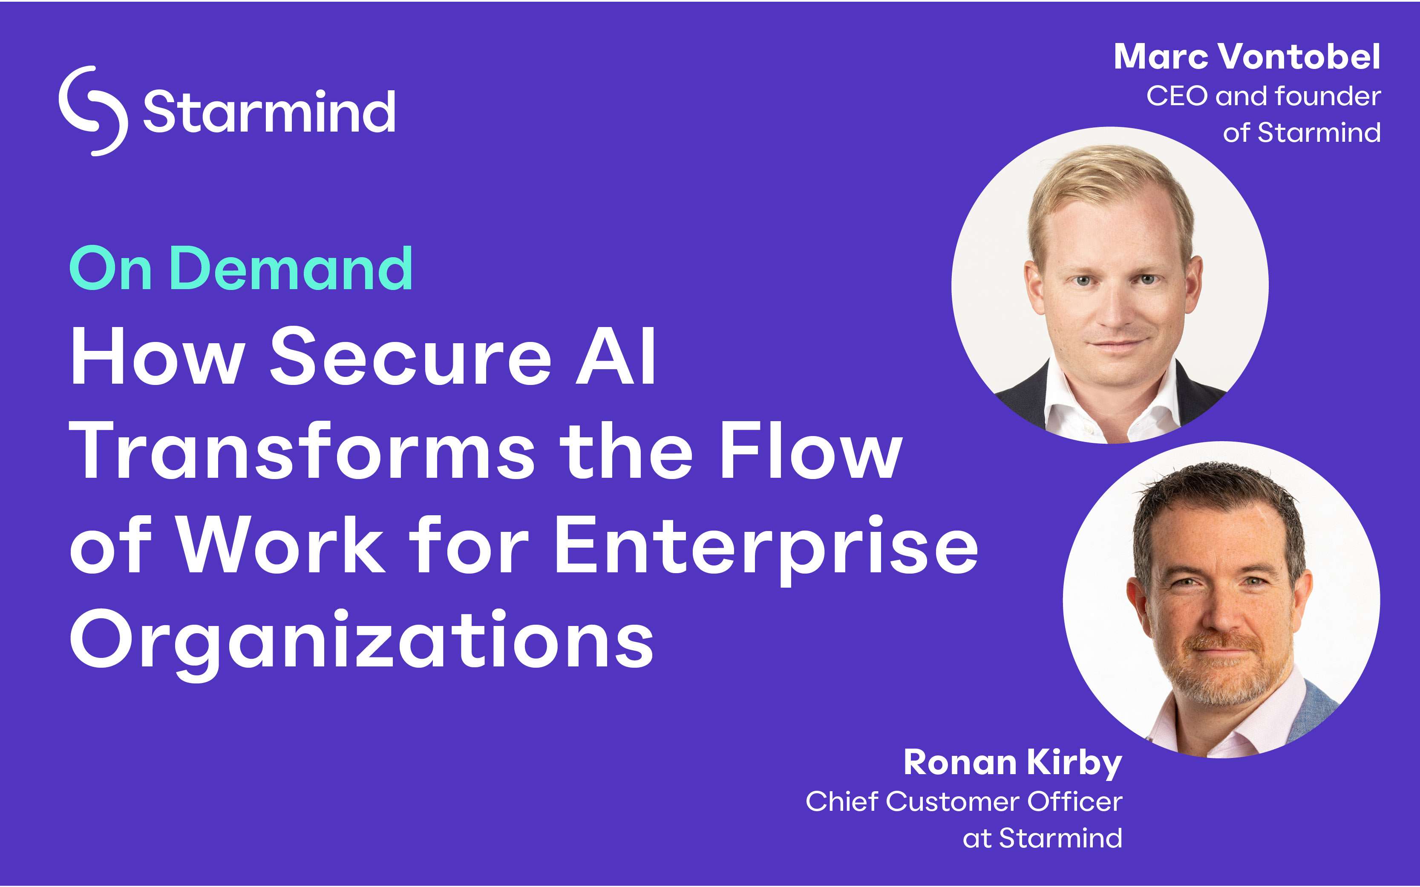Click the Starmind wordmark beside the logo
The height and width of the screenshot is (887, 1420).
click(269, 112)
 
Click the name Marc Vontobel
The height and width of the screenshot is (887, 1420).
click(1247, 57)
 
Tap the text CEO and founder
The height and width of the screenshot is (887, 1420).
click(1263, 96)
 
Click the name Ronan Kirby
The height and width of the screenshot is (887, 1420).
click(1013, 763)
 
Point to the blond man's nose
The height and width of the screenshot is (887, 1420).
click(1114, 311)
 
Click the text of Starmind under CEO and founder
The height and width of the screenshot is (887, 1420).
click(1302, 132)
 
